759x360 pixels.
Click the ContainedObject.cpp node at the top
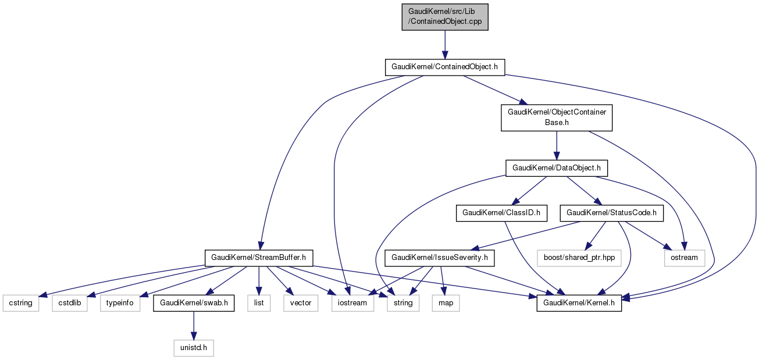[445, 17]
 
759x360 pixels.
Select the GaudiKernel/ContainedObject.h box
[445, 67]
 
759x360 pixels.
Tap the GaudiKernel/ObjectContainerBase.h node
[557, 118]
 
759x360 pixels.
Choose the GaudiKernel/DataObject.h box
[557, 169]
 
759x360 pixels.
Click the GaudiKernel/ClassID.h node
[501, 213]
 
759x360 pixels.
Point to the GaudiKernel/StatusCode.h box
[611, 213]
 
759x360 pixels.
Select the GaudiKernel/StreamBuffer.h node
[259, 257]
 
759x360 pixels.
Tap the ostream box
[684, 257]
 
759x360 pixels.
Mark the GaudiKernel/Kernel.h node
[579, 303]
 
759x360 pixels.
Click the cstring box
[21, 303]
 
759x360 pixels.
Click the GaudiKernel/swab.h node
[194, 303]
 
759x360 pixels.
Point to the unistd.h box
[194, 348]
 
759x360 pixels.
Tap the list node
[259, 303]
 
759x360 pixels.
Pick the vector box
[301, 303]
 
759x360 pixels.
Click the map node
[446, 303]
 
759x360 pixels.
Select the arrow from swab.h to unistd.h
[194, 326]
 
